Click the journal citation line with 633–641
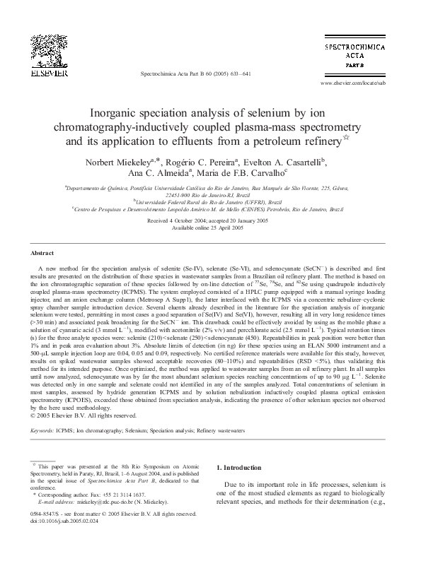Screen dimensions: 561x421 click(195, 73)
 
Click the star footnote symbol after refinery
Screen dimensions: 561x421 click(346, 138)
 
